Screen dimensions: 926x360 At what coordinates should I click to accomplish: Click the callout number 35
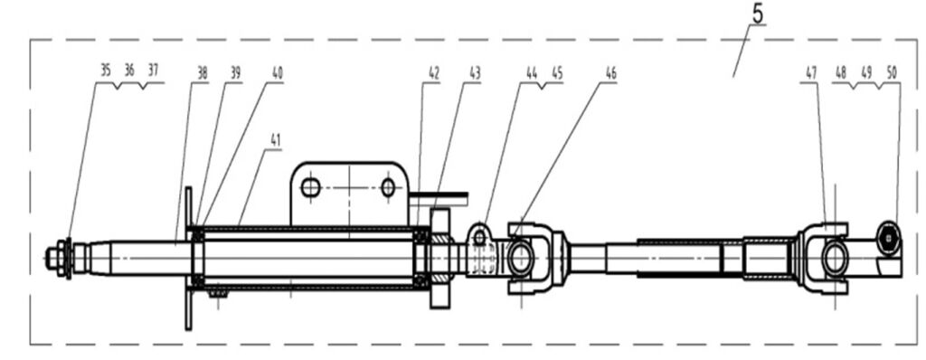point(105,71)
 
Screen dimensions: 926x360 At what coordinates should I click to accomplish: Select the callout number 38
point(202,73)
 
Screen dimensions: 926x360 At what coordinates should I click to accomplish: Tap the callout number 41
point(275,141)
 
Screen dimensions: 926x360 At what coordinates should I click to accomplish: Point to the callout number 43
point(475,73)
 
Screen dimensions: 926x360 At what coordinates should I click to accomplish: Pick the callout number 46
point(610,73)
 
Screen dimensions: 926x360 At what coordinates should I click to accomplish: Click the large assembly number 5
point(758,14)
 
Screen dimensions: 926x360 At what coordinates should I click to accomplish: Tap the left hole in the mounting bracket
point(311,188)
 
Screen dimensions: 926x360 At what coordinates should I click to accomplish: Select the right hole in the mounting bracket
point(388,188)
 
